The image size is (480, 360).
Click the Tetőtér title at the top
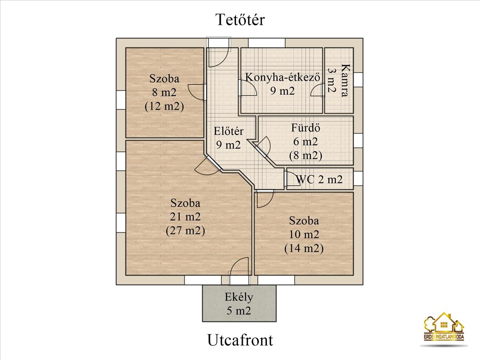coord(240,20)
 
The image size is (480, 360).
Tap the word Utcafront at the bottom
coord(240,340)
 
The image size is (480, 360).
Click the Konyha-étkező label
coord(282,77)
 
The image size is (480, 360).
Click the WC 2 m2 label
coord(319,179)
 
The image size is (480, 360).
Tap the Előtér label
coord(228,131)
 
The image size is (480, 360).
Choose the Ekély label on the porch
coord(239,297)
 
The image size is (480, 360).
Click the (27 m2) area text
coord(185,231)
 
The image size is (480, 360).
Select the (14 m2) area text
coord(304,248)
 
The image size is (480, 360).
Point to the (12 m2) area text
coord(164,106)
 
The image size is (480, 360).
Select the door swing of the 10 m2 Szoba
coord(264,199)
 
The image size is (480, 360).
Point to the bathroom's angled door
coord(263,146)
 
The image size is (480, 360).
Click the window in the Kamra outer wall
coord(358,80)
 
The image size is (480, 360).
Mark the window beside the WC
coord(358,178)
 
